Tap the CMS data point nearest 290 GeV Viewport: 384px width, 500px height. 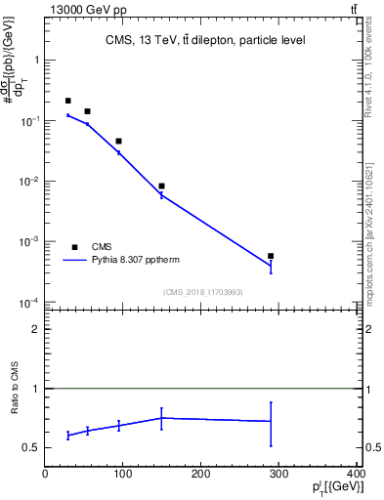click(271, 256)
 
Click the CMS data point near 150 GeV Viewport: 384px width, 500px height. click(161, 186)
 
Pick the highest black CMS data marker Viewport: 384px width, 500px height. click(67, 101)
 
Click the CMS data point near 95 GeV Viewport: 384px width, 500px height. click(118, 141)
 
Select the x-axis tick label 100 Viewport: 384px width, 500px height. click(124, 475)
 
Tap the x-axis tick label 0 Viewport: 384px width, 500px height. click(45, 475)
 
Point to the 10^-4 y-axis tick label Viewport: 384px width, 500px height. click(29, 303)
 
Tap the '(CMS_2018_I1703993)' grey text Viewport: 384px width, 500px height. click(202, 291)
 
